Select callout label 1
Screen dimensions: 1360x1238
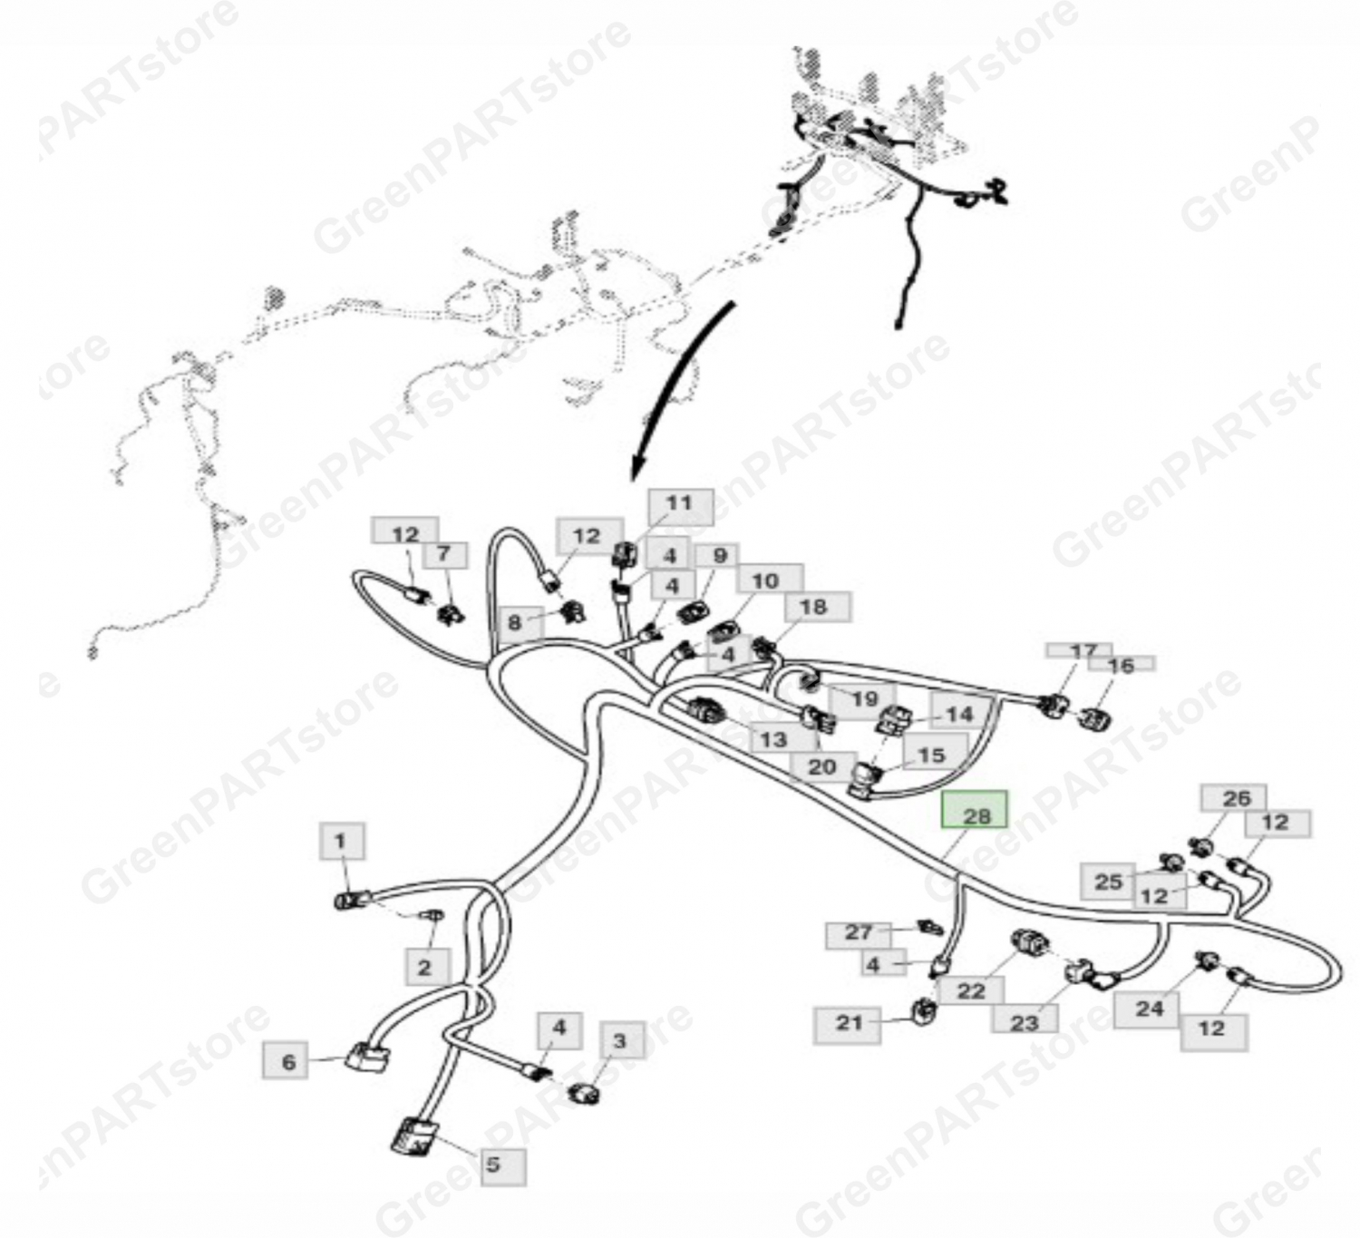pyautogui.click(x=342, y=842)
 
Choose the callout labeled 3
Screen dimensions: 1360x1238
pyautogui.click(x=622, y=1039)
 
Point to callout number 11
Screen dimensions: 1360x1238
pyautogui.click(x=681, y=507)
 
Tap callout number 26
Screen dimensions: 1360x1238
pyautogui.click(x=1234, y=798)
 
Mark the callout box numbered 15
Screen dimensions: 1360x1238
pyautogui.click(x=935, y=755)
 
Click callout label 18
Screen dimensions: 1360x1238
pyautogui.click(x=818, y=607)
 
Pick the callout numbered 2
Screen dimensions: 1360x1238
pyautogui.click(x=427, y=968)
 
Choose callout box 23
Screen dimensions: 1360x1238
pyautogui.click(x=1025, y=1022)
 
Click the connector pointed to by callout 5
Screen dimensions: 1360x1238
pyautogui.click(x=412, y=1137)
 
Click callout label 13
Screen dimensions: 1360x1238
pyautogui.click(x=774, y=739)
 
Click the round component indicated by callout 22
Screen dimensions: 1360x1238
pyautogui.click(x=1031, y=944)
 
